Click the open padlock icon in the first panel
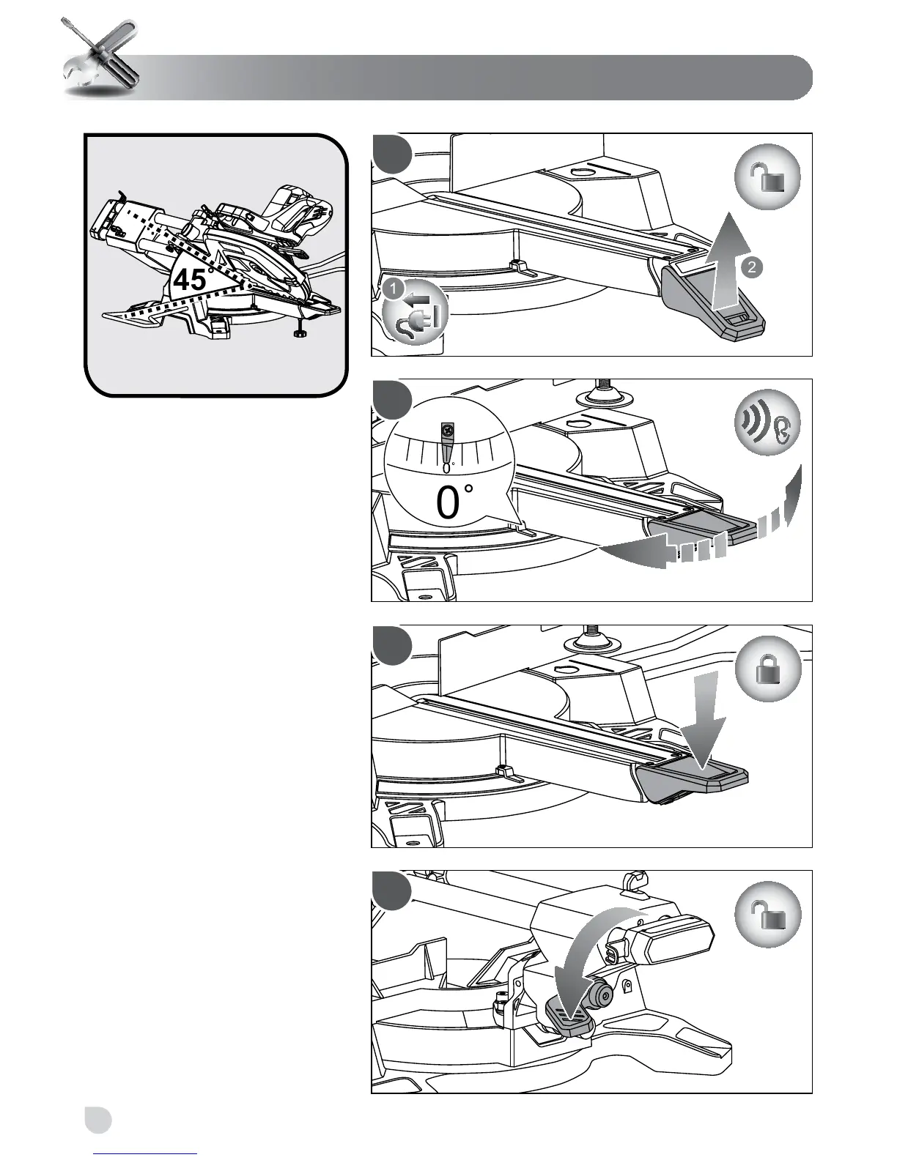767,178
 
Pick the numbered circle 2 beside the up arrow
751,267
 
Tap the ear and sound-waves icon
767,423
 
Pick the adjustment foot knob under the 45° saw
298,335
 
